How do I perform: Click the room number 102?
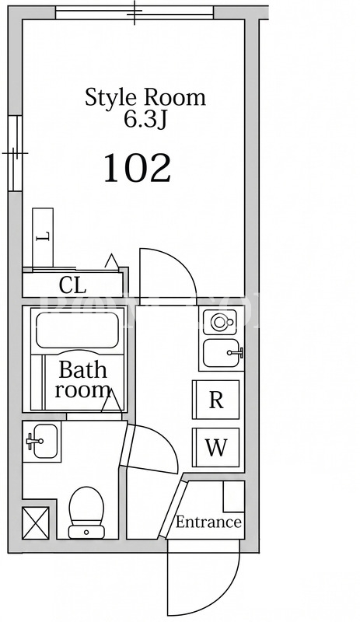138,168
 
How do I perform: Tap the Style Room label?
145,98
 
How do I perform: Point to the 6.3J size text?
145,119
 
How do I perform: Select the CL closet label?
72,285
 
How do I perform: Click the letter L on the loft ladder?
43,237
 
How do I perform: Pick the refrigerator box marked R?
216,400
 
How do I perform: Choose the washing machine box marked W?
216,448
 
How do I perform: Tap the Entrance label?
208,522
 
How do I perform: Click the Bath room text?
82,379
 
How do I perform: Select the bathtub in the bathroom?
77,330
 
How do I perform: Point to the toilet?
86,512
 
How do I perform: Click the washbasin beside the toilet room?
42,441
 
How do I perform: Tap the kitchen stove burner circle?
219,322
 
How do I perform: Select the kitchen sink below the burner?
222,353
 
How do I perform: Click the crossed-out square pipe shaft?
36,522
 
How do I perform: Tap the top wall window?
135,12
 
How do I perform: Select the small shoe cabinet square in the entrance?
233,496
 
